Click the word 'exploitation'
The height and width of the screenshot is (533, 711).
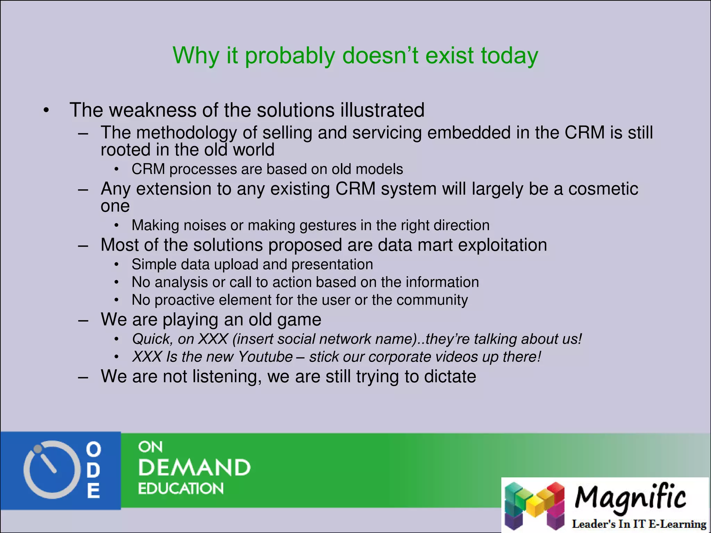pos(502,245)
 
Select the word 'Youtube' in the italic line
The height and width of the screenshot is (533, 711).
pos(266,357)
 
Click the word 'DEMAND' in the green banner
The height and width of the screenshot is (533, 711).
pos(194,467)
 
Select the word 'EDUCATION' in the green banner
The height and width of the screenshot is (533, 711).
pos(181,489)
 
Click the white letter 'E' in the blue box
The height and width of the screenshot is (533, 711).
pos(93,491)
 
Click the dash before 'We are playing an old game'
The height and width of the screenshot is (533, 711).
pos(83,320)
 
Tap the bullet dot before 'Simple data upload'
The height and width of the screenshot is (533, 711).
pos(117,265)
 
